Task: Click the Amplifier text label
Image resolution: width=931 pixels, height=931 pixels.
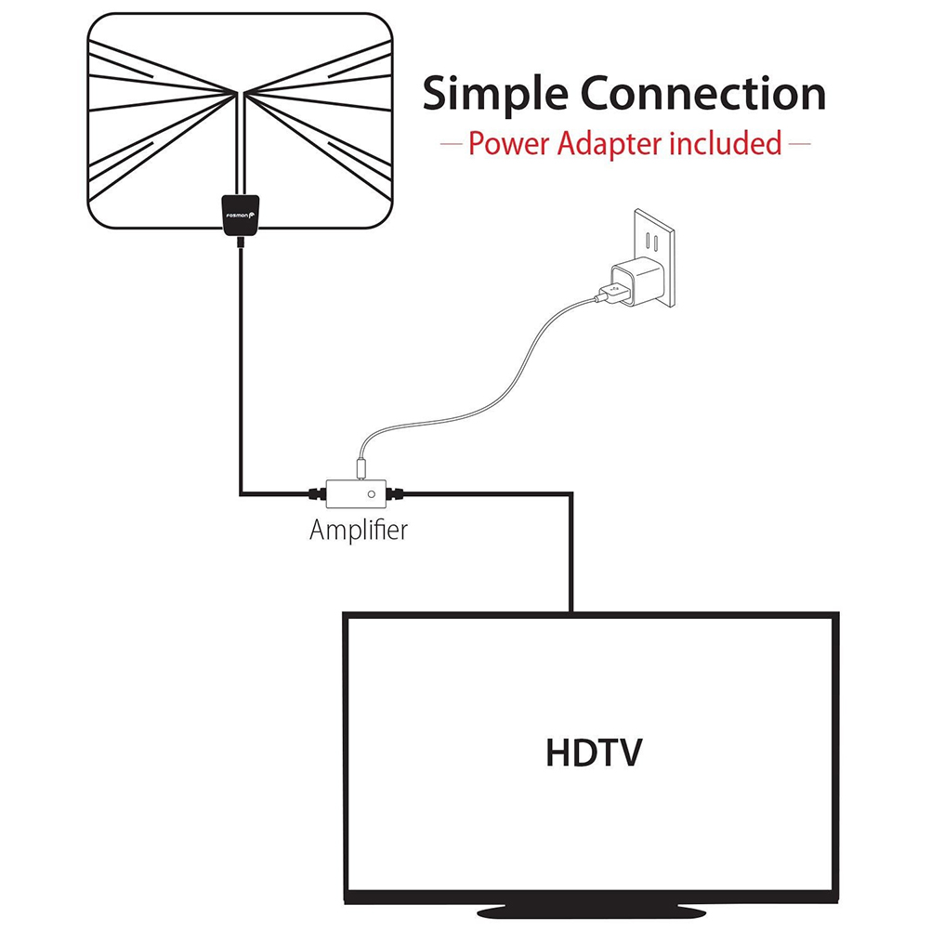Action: (x=358, y=531)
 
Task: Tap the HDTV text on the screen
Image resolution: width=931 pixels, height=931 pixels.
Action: (x=593, y=753)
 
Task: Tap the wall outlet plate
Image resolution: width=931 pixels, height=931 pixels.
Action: (x=655, y=256)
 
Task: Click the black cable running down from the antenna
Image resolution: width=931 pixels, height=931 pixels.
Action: (x=241, y=372)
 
